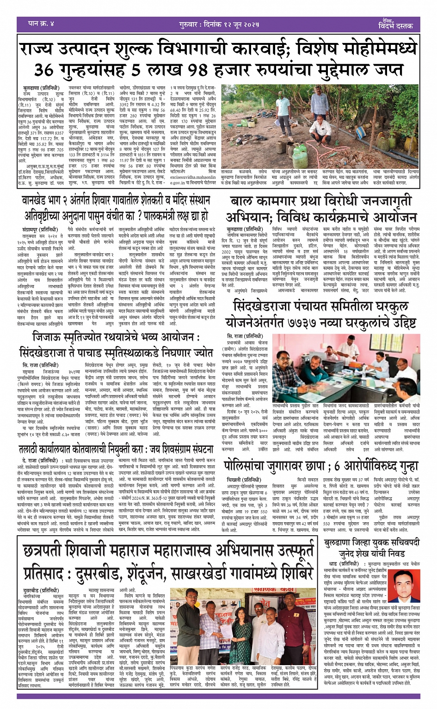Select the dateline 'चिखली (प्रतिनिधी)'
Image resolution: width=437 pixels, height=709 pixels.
[x=243, y=480]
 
